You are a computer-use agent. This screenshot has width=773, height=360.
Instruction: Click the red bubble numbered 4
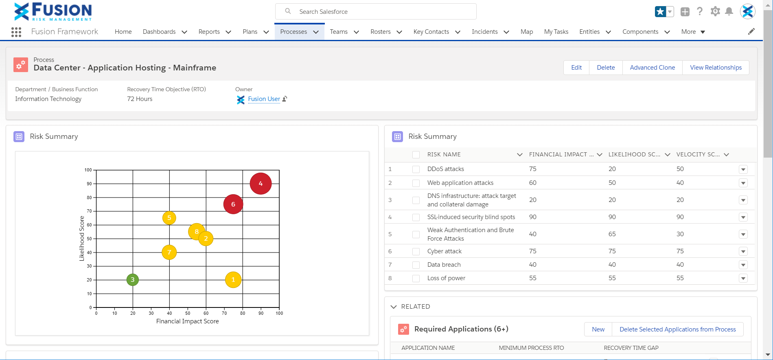[261, 184]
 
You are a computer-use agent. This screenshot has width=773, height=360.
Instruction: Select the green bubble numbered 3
[133, 280]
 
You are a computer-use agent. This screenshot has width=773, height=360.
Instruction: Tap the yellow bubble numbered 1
[233, 280]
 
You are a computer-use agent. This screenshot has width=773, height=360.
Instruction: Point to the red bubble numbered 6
[233, 204]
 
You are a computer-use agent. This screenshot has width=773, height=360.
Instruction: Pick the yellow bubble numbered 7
[169, 252]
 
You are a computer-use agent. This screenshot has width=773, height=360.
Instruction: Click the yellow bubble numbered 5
[169, 218]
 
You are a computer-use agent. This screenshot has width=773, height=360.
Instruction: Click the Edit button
[576, 68]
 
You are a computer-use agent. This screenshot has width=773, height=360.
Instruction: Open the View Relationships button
[716, 68]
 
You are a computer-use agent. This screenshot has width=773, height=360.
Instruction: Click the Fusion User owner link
[264, 99]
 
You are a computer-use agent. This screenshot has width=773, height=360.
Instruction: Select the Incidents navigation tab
[484, 32]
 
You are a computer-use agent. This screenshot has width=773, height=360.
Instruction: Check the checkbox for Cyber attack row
[416, 251]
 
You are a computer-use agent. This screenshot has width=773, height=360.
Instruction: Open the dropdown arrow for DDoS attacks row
[743, 169]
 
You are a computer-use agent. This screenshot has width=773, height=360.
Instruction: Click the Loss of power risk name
[446, 278]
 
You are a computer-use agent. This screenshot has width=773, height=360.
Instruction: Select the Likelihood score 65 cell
[612, 234]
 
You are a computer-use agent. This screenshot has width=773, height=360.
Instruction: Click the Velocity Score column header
[698, 154]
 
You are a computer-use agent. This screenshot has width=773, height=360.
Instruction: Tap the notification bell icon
[729, 11]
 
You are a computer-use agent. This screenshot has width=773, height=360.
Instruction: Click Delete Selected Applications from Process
[677, 329]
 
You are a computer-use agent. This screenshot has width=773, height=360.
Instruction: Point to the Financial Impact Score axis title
[188, 321]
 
